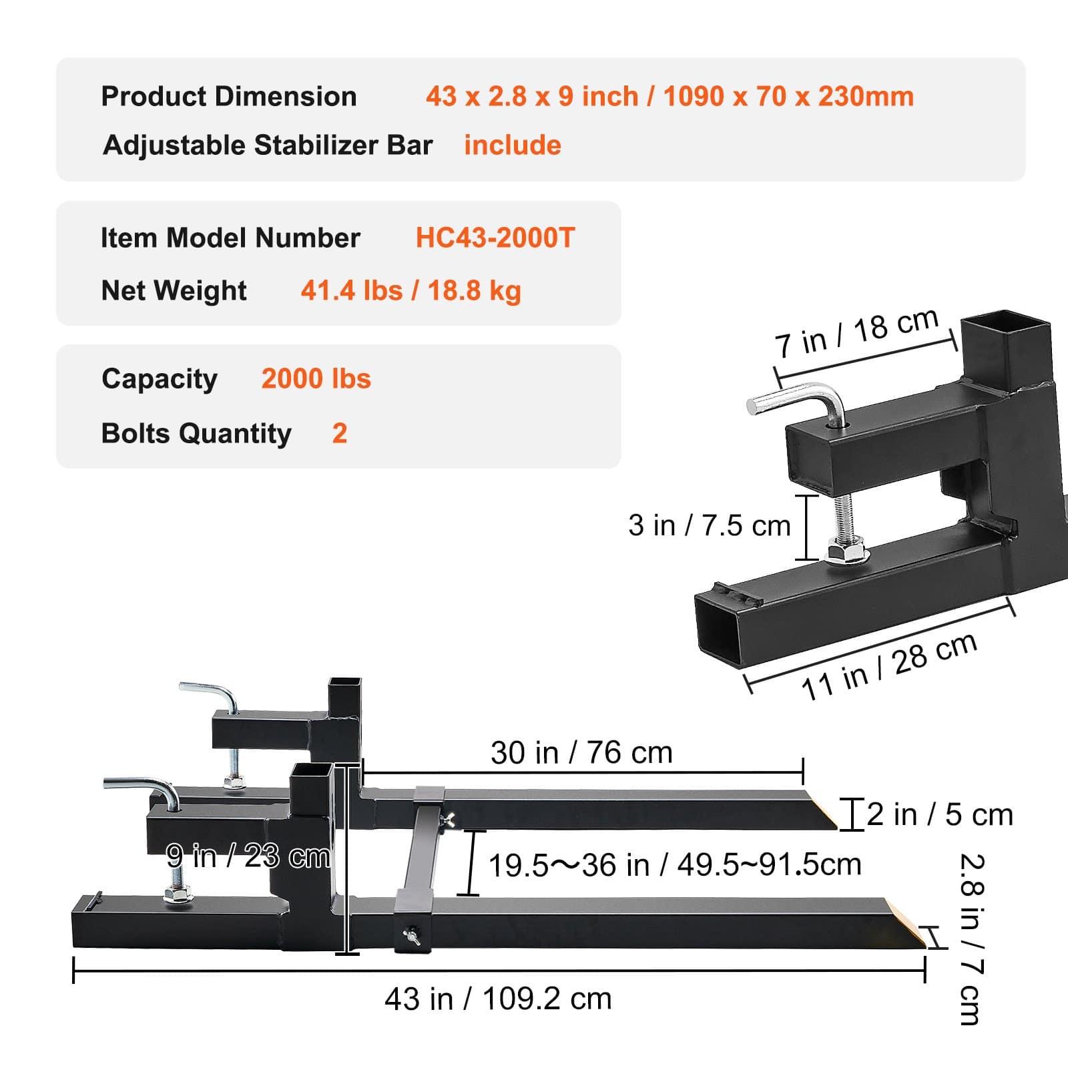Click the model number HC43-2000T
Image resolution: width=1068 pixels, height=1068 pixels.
pos(495,238)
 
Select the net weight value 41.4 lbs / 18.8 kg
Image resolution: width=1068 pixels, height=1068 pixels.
pos(411,290)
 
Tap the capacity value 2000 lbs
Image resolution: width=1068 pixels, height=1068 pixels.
pos(316,378)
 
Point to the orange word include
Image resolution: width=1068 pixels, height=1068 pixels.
pos(513,145)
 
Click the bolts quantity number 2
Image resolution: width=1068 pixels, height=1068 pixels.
pos(339,433)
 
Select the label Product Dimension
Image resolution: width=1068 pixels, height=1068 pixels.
pos(228,96)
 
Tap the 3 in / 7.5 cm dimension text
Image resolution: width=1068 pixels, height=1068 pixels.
pos(709,525)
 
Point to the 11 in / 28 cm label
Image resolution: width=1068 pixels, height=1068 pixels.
pos(889,666)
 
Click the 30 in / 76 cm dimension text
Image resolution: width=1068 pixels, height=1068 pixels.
pos(581,752)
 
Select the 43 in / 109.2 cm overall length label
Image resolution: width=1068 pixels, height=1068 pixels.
pos(498,999)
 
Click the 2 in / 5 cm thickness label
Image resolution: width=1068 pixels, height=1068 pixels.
pos(940,814)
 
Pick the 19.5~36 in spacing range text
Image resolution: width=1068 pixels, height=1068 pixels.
pos(674,865)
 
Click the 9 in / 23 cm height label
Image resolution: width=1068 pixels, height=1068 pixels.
pos(248,856)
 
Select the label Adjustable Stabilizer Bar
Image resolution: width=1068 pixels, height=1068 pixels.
pos(268,145)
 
